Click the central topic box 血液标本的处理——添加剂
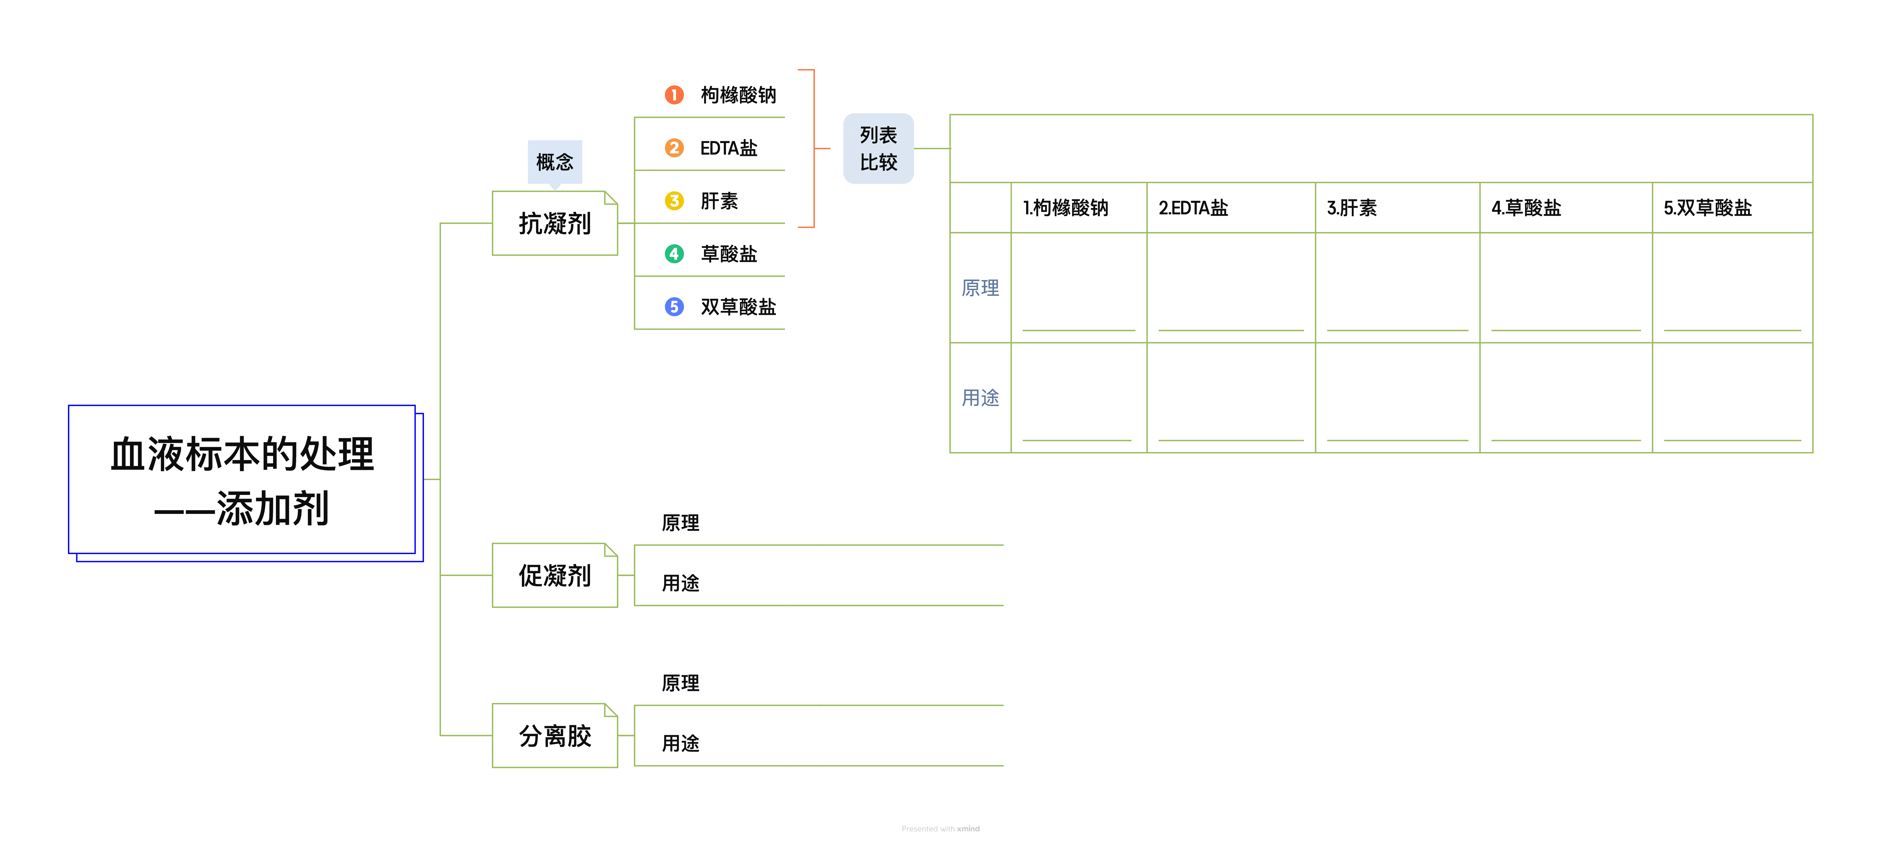coord(242,480)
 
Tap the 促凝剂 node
coord(554,575)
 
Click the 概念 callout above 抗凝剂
coord(554,161)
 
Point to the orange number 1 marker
coord(674,95)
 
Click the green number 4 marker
coord(674,254)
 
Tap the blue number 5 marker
coord(674,307)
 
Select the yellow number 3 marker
coord(674,201)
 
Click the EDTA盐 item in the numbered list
coord(728,148)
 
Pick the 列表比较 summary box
coord(878,148)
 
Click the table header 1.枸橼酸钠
coord(1065,208)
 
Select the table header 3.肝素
coord(1352,208)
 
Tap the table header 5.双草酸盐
coord(1707,208)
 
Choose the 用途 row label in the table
coord(980,398)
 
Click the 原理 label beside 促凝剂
coord(680,523)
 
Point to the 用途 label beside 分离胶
coord(680,743)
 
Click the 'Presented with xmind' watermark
coord(940,829)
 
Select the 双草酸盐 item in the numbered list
coord(738,307)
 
